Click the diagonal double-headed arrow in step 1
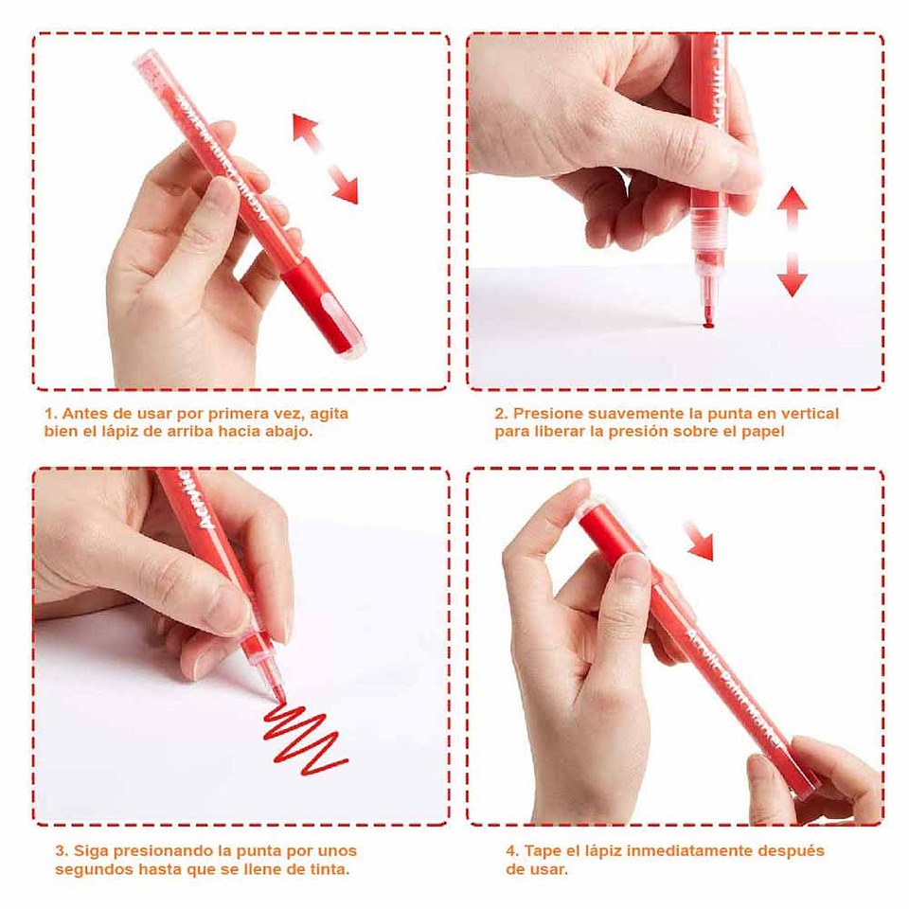pos(325,159)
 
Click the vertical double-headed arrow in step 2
pos(792,241)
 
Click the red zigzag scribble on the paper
pos(304,739)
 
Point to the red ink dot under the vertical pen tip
pos(708,325)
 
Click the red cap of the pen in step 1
pos(321,306)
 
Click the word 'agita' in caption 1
pos(329,414)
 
